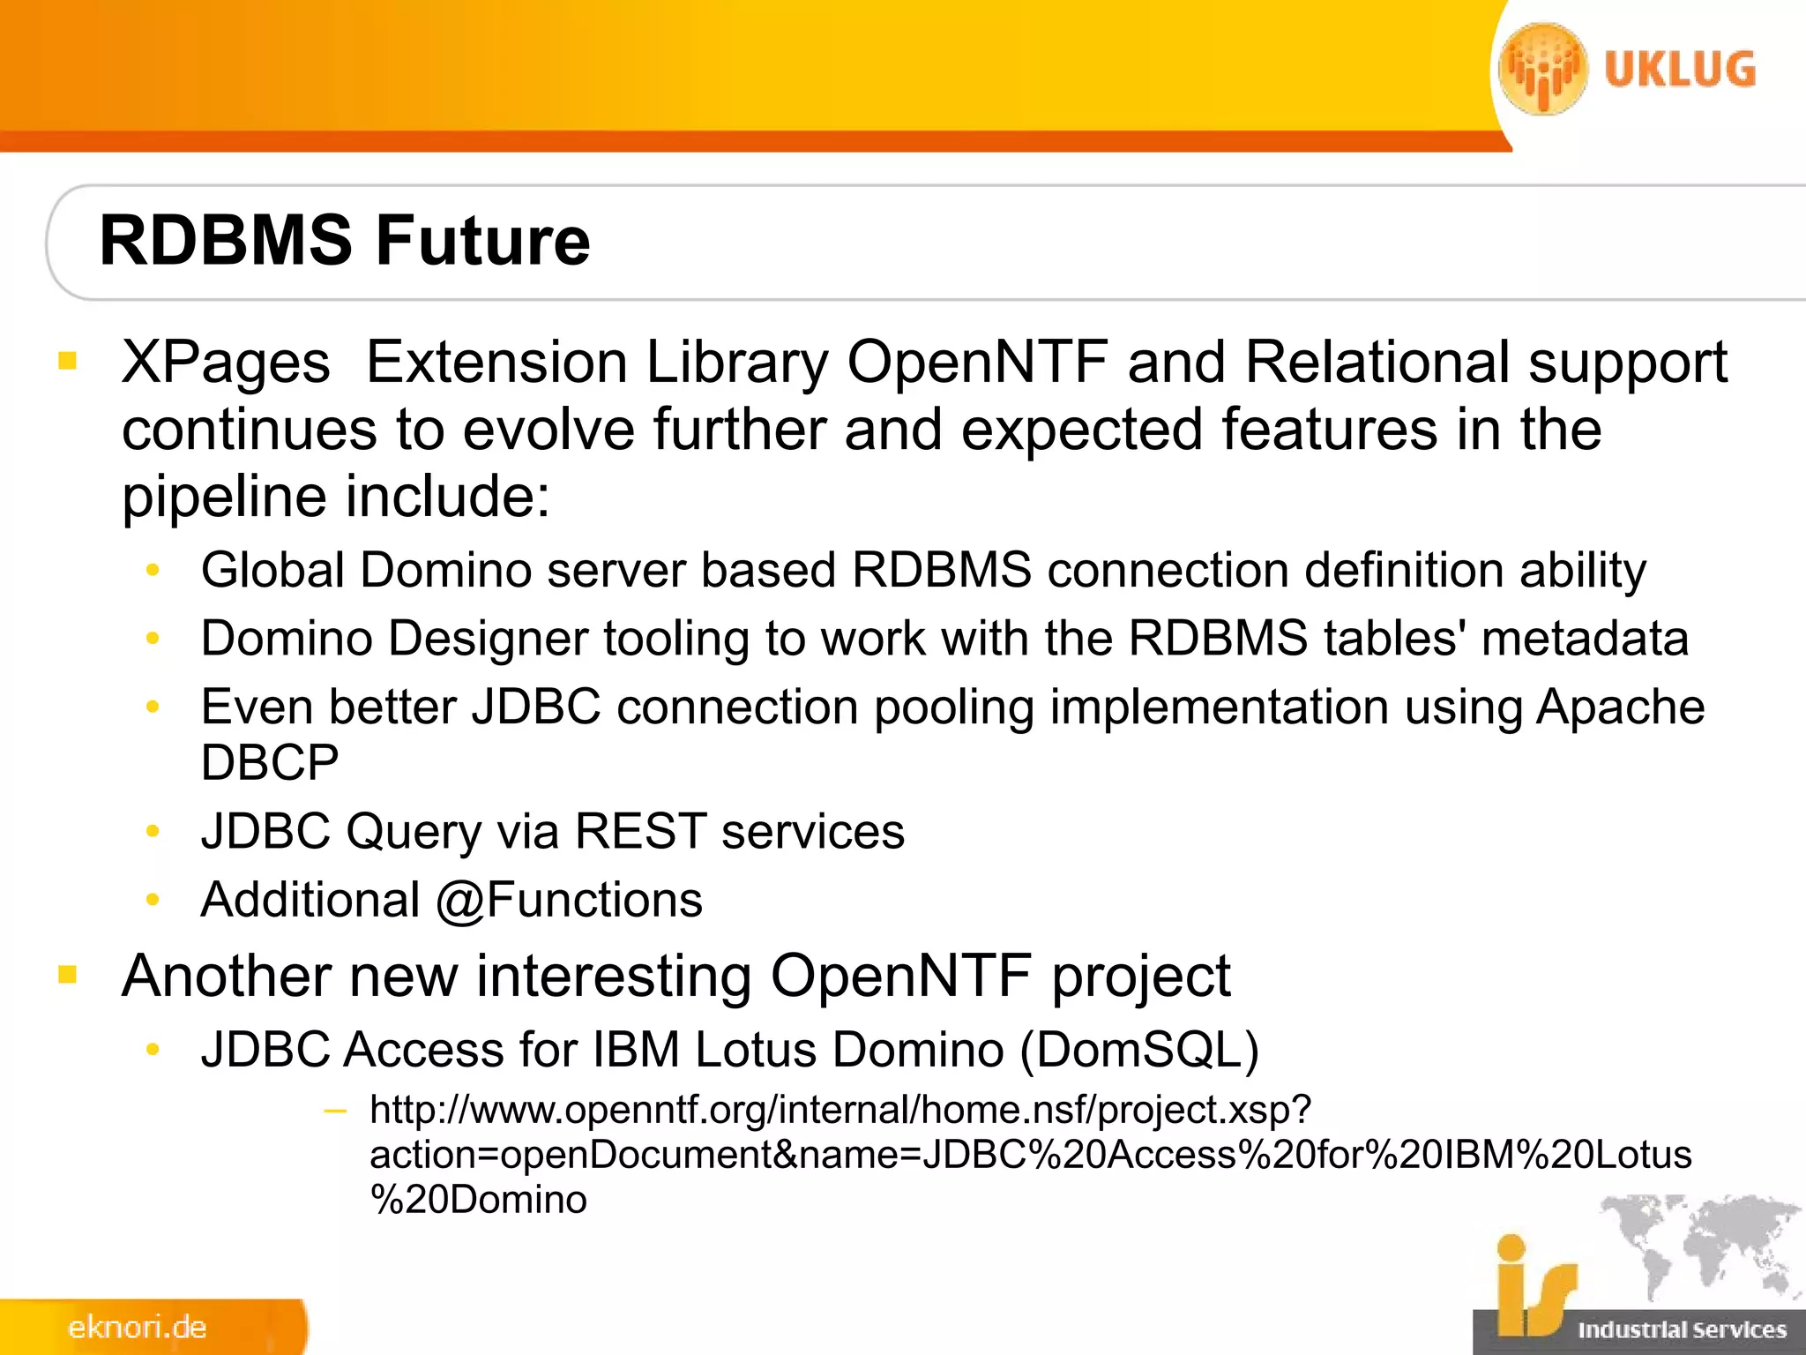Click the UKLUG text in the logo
[1679, 70]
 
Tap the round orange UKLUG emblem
[1542, 70]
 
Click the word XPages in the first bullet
[226, 363]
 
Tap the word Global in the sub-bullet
[272, 570]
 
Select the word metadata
[1585, 638]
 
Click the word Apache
[1620, 707]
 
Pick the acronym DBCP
[269, 763]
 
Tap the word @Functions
[570, 901]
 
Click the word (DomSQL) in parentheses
[1139, 1050]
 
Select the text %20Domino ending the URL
[478, 1200]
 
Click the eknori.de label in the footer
[137, 1328]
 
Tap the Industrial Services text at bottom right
[1682, 1329]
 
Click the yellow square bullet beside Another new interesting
[68, 975]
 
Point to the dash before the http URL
[335, 1111]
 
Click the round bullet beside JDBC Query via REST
[153, 831]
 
